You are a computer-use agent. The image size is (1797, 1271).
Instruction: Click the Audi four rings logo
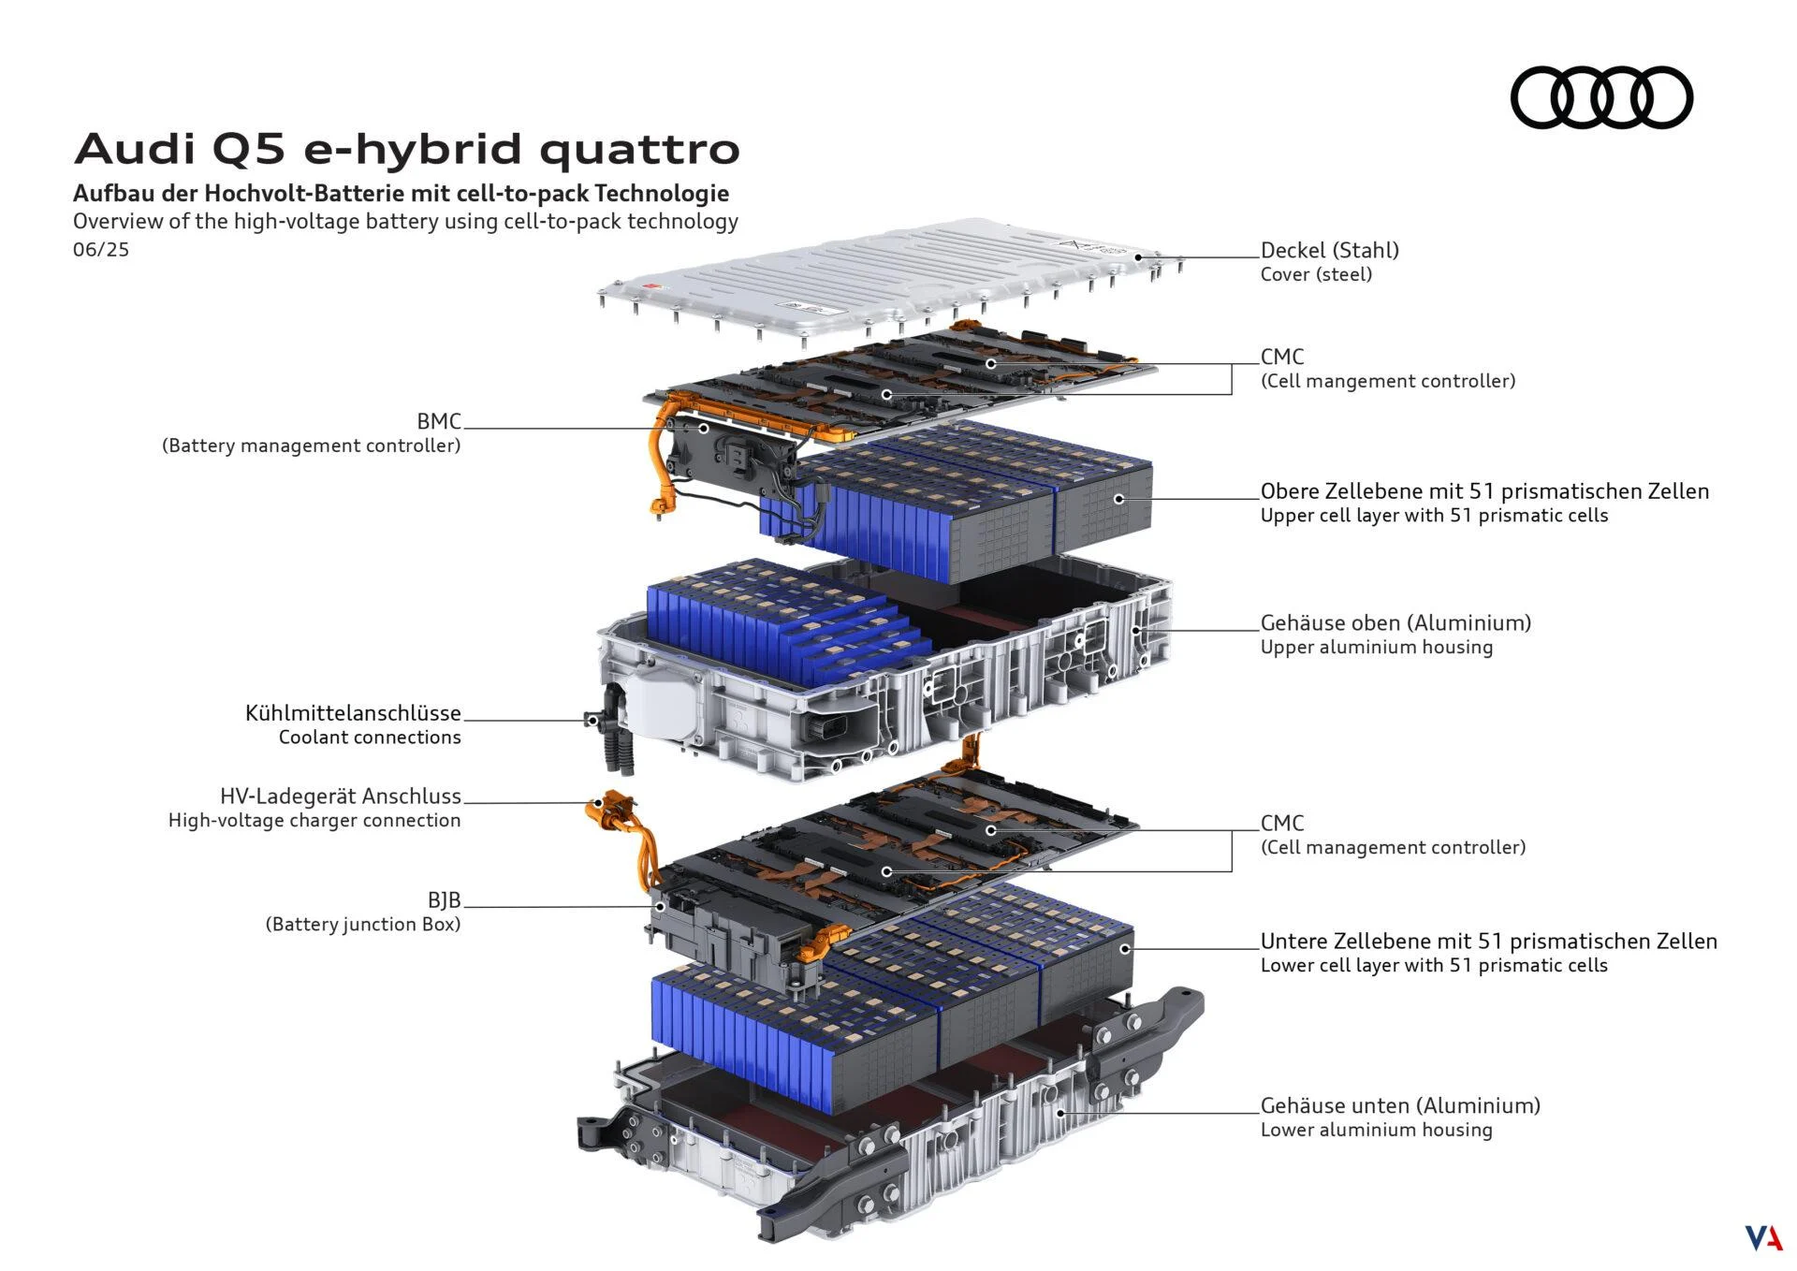pyautogui.click(x=1600, y=97)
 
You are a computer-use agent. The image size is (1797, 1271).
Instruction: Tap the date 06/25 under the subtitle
pyautogui.click(x=101, y=250)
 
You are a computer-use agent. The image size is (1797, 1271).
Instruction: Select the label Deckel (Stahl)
pyautogui.click(x=1329, y=250)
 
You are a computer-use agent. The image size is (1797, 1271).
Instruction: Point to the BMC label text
pyautogui.click(x=439, y=422)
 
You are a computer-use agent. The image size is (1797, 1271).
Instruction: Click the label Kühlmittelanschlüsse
pyautogui.click(x=353, y=713)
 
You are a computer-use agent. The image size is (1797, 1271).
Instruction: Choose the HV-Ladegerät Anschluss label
pyautogui.click(x=341, y=796)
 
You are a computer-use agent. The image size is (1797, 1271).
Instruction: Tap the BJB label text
pyautogui.click(x=444, y=900)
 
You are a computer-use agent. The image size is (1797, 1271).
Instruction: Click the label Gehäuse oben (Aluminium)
pyautogui.click(x=1395, y=622)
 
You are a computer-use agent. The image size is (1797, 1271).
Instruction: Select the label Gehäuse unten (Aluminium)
pyautogui.click(x=1399, y=1105)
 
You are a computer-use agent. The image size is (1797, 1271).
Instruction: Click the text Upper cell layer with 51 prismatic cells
pyautogui.click(x=1433, y=516)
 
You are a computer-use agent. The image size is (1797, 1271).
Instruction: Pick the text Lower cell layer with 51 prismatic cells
pyautogui.click(x=1433, y=966)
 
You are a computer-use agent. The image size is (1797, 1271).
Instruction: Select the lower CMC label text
pyautogui.click(x=1281, y=824)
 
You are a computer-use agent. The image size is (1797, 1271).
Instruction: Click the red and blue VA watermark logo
pyautogui.click(x=1762, y=1237)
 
